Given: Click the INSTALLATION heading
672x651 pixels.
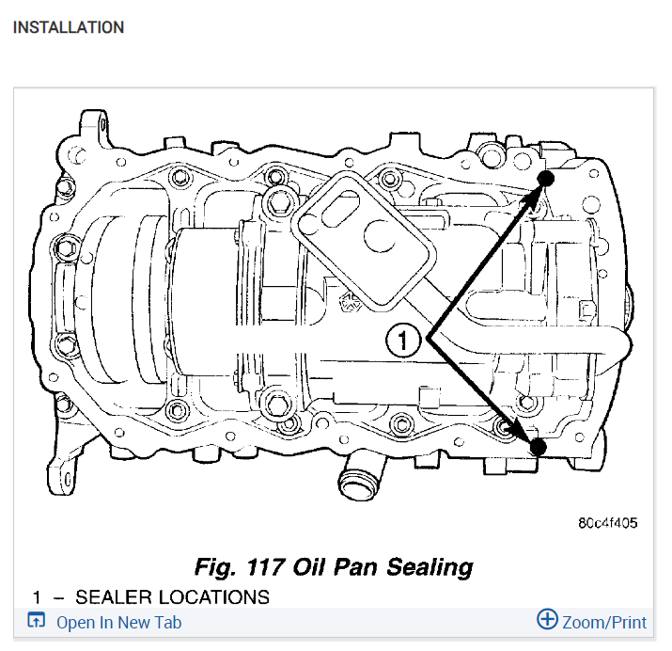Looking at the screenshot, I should [68, 27].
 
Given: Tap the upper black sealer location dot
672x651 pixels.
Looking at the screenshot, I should [547, 178].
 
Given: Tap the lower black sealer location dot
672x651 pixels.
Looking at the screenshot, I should [538, 446].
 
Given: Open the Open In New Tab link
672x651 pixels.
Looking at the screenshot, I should [118, 623].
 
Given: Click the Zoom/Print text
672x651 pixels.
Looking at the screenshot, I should [604, 623].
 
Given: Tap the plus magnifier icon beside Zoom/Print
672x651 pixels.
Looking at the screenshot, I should [547, 619].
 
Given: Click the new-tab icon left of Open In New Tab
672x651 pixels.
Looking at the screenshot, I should [37, 621].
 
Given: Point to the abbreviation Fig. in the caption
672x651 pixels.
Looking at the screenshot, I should [214, 567].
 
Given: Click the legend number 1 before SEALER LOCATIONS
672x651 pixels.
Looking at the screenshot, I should [37, 597].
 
